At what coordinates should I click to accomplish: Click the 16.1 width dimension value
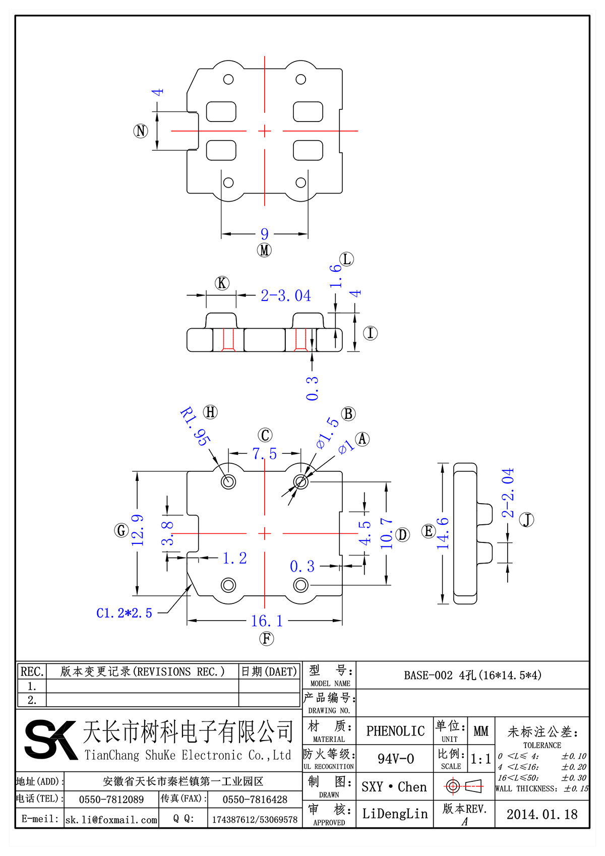click(x=267, y=621)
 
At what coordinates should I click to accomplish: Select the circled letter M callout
click(x=264, y=250)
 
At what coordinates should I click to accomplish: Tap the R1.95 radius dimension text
click(x=195, y=426)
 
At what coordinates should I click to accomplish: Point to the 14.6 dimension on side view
click(x=443, y=533)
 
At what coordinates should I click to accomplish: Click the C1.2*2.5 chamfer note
click(x=124, y=613)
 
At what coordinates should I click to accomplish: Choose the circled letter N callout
click(x=141, y=131)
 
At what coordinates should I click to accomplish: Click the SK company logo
click(x=50, y=740)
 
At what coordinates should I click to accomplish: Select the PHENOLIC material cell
click(x=395, y=731)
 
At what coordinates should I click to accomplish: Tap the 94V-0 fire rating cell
click(x=395, y=759)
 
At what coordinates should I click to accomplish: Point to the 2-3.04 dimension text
click(x=285, y=295)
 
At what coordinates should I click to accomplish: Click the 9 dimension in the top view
click(x=265, y=234)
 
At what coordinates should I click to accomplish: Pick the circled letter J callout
click(x=527, y=520)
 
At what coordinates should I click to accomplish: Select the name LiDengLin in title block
click(x=395, y=814)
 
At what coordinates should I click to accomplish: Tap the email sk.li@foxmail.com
click(x=111, y=820)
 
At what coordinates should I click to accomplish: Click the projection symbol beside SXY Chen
click(x=464, y=786)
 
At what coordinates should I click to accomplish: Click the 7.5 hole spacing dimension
click(x=265, y=454)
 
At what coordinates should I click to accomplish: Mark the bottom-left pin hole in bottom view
click(x=228, y=585)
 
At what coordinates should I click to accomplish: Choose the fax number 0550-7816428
click(x=255, y=800)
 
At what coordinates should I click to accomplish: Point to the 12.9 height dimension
click(x=137, y=530)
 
